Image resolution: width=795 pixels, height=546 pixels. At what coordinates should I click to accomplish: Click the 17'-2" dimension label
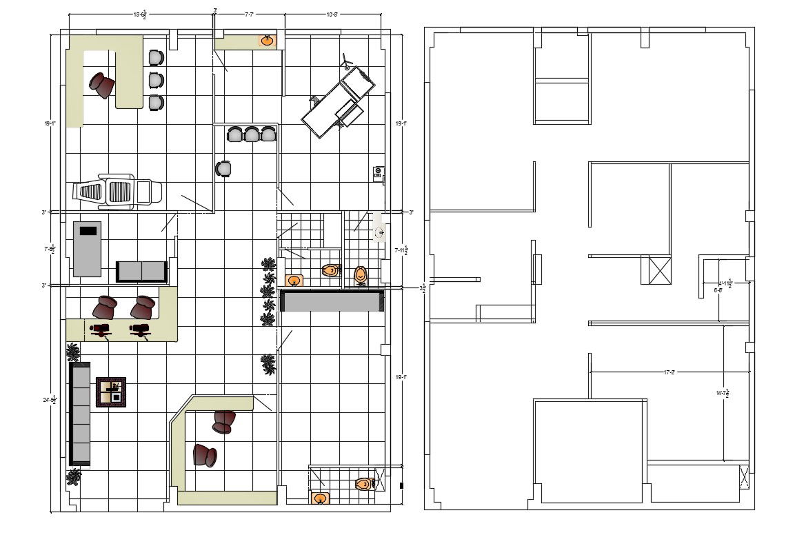[x=668, y=372]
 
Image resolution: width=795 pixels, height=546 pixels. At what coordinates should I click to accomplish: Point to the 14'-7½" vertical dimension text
[x=722, y=393]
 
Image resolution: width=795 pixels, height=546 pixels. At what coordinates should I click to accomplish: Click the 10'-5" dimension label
[x=331, y=13]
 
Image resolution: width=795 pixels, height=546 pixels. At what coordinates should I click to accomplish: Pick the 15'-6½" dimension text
[x=139, y=14]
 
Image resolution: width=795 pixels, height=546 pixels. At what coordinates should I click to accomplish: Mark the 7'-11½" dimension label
[x=401, y=250]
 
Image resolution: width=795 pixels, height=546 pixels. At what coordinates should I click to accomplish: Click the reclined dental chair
[x=117, y=191]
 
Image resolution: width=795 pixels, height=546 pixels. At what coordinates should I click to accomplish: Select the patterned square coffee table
[x=110, y=392]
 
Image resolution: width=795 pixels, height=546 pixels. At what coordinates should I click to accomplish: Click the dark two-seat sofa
[x=141, y=272]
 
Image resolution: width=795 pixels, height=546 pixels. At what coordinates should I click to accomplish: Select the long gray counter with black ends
[x=332, y=301]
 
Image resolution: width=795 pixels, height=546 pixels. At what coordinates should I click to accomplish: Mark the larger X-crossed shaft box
[x=655, y=270]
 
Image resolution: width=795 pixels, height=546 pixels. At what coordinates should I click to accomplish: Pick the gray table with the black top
[x=87, y=249]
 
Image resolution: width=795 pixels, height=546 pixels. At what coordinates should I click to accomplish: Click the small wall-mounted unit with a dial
[x=378, y=172]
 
